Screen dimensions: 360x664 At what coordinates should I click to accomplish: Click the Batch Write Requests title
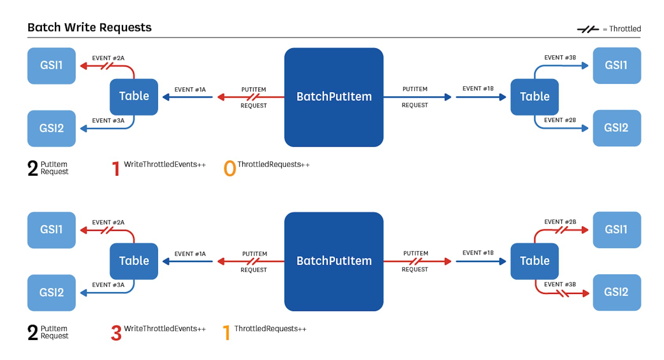[89, 27]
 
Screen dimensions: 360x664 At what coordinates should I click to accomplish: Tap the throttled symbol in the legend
[588, 29]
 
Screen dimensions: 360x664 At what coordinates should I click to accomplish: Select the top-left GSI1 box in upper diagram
[51, 65]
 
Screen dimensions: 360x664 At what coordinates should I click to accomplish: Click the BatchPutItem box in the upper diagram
[334, 97]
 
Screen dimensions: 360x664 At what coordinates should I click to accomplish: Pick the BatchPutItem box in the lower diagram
[334, 261]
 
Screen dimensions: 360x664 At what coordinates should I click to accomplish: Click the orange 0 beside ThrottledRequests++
[230, 169]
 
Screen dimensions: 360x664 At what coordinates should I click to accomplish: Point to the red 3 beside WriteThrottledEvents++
[116, 333]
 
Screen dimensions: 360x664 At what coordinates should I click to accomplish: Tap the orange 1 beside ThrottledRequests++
[226, 333]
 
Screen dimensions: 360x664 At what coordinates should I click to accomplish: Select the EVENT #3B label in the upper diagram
[560, 58]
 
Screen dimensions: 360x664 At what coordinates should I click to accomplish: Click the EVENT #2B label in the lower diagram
[560, 222]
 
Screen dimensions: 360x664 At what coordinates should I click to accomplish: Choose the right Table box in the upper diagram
[534, 96]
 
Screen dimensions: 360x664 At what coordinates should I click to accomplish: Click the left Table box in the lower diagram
[134, 261]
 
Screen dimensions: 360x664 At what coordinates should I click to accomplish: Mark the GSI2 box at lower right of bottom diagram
[616, 292]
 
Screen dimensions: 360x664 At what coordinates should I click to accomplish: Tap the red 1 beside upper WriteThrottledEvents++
[116, 169]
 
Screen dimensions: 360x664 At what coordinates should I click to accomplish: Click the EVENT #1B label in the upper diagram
[478, 89]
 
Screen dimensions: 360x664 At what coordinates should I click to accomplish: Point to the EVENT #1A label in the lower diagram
[190, 254]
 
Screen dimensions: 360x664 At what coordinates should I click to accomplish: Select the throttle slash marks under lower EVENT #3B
[563, 293]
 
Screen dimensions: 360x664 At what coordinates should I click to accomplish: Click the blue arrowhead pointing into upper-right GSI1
[585, 66]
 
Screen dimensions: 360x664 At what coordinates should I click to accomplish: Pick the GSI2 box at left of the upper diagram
[51, 128]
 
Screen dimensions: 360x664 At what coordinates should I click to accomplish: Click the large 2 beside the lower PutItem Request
[33, 333]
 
